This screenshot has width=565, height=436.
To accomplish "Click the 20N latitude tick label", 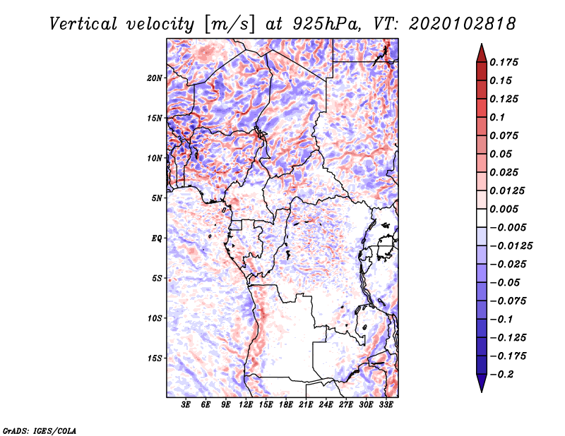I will pos(155,78).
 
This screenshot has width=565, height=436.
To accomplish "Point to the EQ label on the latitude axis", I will pos(157,238).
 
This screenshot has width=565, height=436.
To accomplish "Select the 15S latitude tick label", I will pos(155,358).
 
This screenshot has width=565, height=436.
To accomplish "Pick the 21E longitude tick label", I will pos(306,405).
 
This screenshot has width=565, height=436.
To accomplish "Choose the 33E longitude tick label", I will pos(386,405).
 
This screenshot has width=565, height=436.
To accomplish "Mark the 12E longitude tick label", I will pos(246,405).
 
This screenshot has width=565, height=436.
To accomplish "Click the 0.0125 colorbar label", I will pos(509,190).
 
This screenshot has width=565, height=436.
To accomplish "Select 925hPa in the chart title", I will pos(319,24).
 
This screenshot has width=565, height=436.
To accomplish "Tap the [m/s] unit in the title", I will pos(224,24).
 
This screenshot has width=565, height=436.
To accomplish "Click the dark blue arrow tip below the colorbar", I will pos(481,385).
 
